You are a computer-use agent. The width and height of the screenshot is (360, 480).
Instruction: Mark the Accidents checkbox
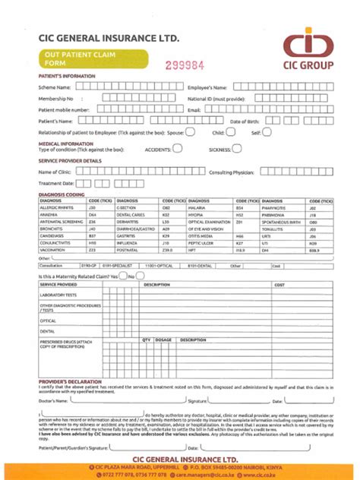coord(177,149)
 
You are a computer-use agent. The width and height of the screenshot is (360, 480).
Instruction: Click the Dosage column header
coord(163,339)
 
